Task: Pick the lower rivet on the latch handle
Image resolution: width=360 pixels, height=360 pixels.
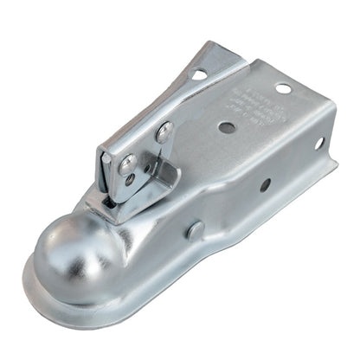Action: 127,163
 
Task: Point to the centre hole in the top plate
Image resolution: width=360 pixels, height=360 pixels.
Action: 227,127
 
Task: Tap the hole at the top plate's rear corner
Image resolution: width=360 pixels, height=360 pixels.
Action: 283,88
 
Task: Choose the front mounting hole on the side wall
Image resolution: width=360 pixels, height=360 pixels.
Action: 265,184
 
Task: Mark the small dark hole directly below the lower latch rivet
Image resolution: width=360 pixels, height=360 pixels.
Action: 129,180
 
